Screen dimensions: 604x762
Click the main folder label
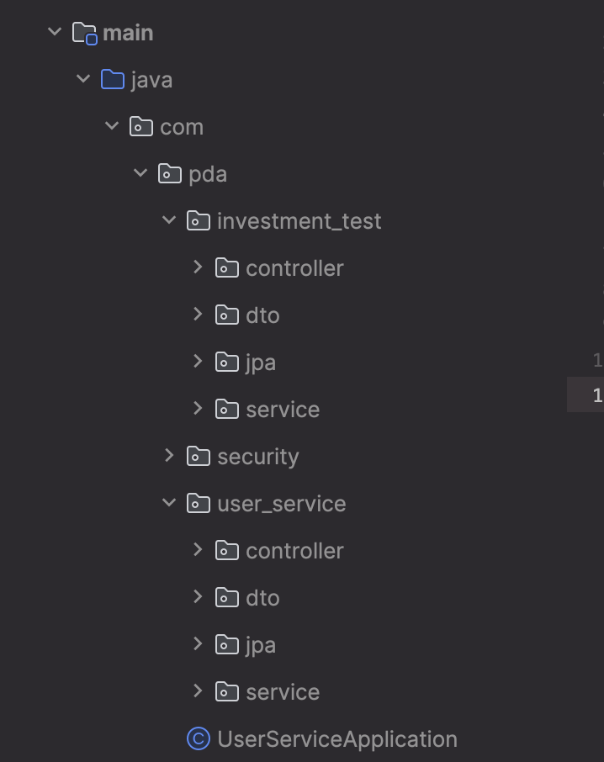[128, 33]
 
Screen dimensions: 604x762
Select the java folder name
[151, 80]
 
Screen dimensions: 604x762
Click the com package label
[182, 127]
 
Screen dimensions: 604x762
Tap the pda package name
[208, 174]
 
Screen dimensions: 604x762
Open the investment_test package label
[299, 221]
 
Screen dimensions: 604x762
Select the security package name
[257, 457]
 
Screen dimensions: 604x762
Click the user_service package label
[281, 504]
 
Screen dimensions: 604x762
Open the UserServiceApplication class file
[336, 739]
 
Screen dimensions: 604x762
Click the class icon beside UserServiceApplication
[198, 739]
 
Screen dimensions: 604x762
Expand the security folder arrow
[169, 456]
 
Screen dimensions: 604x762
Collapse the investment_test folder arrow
[169, 220]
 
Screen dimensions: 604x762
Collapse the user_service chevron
[169, 503]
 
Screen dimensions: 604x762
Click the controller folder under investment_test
[294, 268]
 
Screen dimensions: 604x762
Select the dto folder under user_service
[262, 598]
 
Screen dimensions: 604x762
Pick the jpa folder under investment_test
[261, 362]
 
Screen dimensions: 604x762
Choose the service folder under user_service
[283, 692]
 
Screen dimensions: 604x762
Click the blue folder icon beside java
[112, 80]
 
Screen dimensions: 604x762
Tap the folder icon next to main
[84, 33]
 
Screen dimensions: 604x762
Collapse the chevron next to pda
[140, 173]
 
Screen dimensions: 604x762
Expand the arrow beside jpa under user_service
[198, 644]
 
